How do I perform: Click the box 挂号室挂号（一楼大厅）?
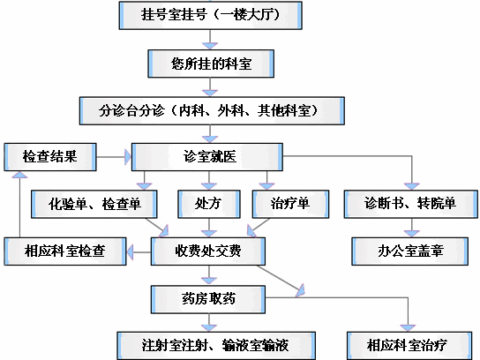pos(211,15)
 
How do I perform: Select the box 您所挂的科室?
pos(211,64)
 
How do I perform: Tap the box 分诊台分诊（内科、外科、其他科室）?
pos(212,111)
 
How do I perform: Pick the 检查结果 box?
pos(50,157)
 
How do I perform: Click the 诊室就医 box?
pos(207,157)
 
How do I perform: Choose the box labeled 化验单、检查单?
pos(94,204)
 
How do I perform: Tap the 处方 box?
pos(209,204)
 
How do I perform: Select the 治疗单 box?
pos(291,204)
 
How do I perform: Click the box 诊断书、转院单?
pos(411,204)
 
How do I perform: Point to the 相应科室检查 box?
pos(65,251)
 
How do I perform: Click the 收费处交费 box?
pos(208,251)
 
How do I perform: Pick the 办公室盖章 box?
pos(410,251)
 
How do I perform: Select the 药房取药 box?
pos(208,299)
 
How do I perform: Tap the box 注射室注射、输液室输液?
pos(216,346)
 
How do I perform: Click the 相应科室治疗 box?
pos(409,346)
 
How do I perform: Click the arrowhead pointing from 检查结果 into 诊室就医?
pos(128,157)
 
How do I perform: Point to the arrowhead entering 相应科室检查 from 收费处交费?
pos(130,252)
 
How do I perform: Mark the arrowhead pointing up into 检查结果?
pos(19,174)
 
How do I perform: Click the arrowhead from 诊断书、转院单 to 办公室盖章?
pos(411,234)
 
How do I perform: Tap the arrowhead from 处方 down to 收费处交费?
pos(209,234)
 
